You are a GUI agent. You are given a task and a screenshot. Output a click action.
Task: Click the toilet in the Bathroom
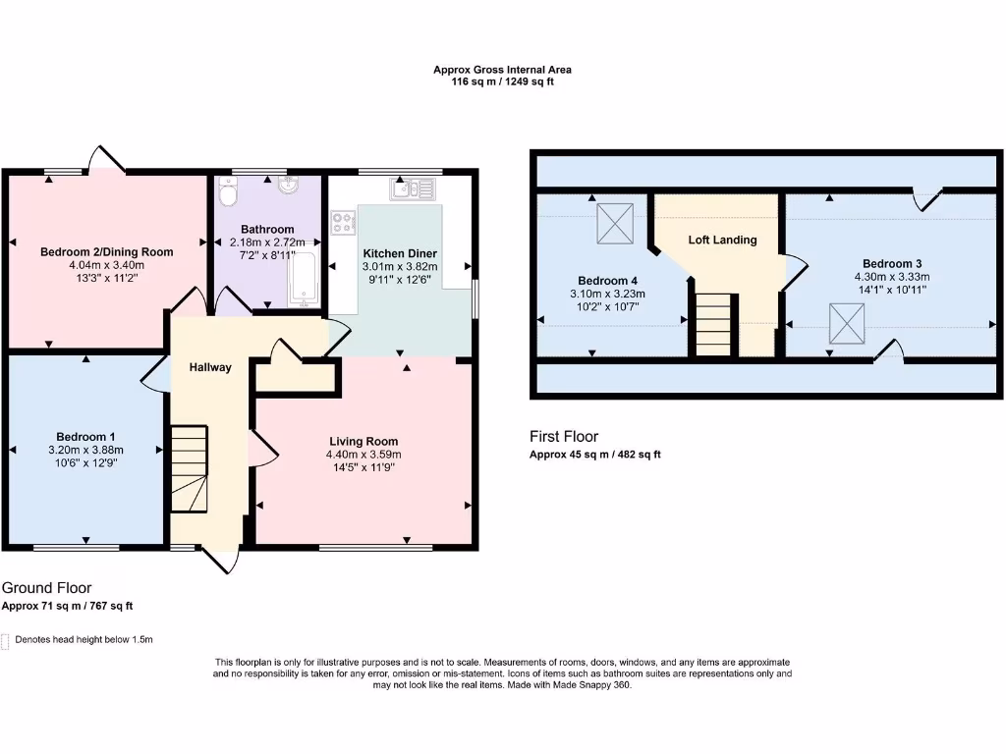click(x=228, y=196)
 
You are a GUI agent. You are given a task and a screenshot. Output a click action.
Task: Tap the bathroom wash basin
click(x=289, y=186)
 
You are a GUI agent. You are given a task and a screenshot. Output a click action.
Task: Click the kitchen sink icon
click(x=413, y=188)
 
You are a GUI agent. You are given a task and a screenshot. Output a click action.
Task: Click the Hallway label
click(x=211, y=367)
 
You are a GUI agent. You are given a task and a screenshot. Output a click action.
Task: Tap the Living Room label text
click(x=363, y=441)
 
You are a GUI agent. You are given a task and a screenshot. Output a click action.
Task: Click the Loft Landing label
click(x=722, y=240)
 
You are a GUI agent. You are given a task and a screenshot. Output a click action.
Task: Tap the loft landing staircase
click(x=714, y=325)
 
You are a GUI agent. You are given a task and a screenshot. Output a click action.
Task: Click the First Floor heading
click(x=563, y=437)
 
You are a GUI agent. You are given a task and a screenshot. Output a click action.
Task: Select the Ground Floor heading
click(x=46, y=587)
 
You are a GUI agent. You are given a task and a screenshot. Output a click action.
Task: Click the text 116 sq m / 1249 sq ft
click(x=502, y=82)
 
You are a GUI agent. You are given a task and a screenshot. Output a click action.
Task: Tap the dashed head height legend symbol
click(x=6, y=640)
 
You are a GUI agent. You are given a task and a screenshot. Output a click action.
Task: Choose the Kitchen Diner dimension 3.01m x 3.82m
click(x=400, y=265)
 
